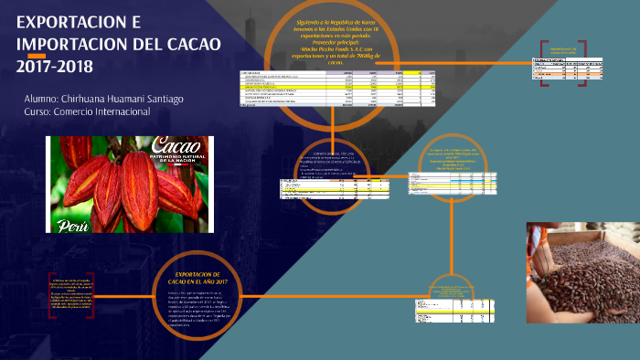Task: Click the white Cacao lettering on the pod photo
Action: [179, 146]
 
